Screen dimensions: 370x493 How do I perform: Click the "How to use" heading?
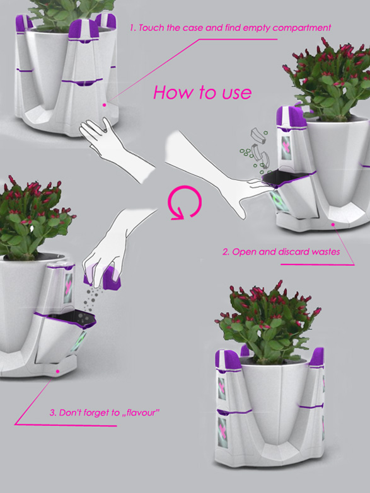(202, 93)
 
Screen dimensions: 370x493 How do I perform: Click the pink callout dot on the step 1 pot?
(104, 105)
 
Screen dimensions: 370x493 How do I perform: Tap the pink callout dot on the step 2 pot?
(333, 224)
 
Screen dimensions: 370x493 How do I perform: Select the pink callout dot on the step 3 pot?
(57, 371)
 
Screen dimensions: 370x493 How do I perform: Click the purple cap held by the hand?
(111, 277)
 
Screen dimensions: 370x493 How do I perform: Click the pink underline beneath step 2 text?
(317, 264)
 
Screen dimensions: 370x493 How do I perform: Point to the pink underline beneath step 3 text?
(66, 425)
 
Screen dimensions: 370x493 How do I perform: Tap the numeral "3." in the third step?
(53, 412)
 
